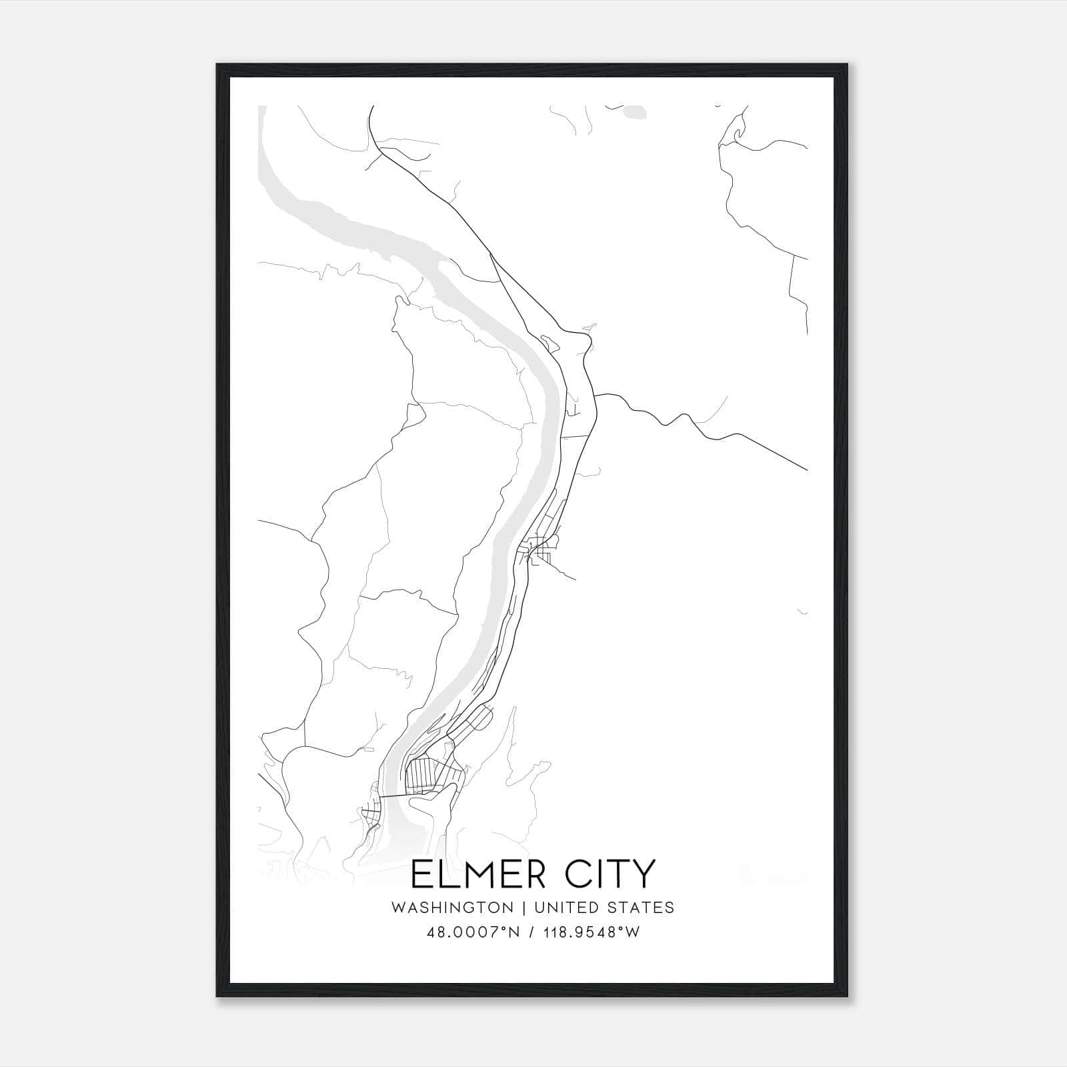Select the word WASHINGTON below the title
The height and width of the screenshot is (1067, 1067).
tap(453, 908)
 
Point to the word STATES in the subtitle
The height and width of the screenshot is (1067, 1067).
tap(642, 908)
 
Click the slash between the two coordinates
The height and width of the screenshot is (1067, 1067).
tap(530, 932)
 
